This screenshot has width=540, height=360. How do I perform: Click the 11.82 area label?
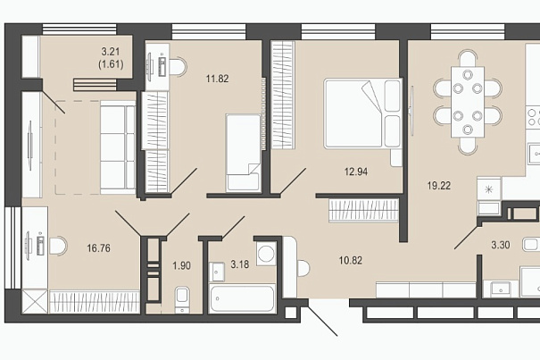coord(217,79)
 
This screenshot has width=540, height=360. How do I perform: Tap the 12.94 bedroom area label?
coord(356,172)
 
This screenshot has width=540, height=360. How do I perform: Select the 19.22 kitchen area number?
coord(439,186)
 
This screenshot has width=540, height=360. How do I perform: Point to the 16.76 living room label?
coord(98,248)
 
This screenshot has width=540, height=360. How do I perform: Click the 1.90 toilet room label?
coord(181,265)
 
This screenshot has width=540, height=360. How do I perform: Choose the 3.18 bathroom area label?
coord(240,264)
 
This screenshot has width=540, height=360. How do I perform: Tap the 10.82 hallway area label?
coord(350,260)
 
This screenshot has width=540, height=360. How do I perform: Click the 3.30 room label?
coord(501,245)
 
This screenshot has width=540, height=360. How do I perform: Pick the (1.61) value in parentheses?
coord(111,64)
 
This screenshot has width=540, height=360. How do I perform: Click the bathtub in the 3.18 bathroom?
coord(243,298)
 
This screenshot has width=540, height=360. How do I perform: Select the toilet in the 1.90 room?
coord(182,299)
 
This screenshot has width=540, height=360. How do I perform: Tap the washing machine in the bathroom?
coord(266,254)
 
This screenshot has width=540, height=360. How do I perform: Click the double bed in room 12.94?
coord(363,113)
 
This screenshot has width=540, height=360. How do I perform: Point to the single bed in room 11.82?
coord(243,153)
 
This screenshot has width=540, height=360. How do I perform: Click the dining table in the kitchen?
coord(468,103)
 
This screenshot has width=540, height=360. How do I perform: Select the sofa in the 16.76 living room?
coord(118,147)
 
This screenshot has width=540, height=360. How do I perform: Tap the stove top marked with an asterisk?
coord(489,189)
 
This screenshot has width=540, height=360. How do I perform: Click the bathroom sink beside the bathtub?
coord(217,272)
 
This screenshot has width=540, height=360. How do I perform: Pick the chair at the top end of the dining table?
coord(468,59)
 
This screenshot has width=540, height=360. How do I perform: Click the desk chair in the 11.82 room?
coord(178,66)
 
